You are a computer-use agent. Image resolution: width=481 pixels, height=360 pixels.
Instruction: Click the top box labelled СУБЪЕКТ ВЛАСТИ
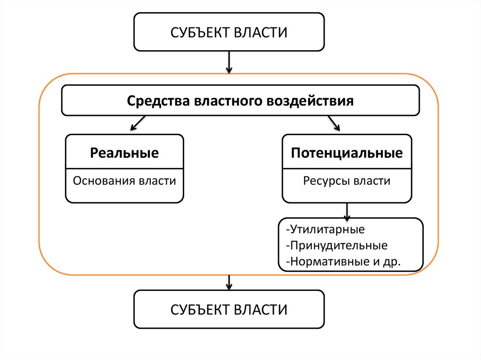pyautogui.click(x=229, y=32)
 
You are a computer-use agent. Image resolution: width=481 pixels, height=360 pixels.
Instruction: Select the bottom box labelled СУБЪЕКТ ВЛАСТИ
pyautogui.click(x=229, y=309)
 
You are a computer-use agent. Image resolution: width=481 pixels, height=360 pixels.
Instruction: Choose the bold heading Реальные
pyautogui.click(x=124, y=153)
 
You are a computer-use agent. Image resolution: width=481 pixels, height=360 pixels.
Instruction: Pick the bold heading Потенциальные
pyautogui.click(x=347, y=153)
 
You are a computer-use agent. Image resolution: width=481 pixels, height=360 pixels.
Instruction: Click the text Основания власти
pyautogui.click(x=124, y=181)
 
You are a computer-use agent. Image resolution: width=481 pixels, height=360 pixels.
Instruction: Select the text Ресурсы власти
pyautogui.click(x=347, y=181)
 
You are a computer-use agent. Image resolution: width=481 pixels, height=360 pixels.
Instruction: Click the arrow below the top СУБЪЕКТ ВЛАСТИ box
pyautogui.click(x=229, y=62)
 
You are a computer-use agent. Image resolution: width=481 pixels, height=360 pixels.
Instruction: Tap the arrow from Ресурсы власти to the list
pyautogui.click(x=347, y=211)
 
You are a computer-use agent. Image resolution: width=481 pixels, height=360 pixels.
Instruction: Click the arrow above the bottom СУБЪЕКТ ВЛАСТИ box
pyautogui.click(x=229, y=282)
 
